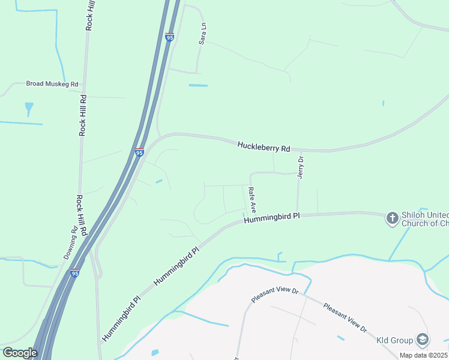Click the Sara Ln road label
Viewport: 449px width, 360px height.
coord(203,34)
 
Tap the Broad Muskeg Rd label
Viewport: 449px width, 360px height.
coord(52,84)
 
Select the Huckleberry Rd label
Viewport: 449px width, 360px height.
coord(264,146)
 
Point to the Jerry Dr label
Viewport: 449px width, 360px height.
coord(301,167)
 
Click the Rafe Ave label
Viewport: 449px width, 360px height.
coord(253,200)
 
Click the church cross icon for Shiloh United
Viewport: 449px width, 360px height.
coord(392,218)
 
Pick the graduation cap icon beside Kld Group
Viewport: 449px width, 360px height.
coord(423,340)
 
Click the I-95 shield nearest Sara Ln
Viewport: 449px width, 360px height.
coord(169,37)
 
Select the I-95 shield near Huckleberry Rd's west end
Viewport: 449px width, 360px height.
coord(139,152)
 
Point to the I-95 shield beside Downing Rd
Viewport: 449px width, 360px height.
coord(74,273)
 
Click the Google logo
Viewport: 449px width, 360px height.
coord(20,352)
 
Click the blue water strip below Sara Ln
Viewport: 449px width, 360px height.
coord(198,85)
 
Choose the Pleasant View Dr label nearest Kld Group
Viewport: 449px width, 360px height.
coord(345,317)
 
